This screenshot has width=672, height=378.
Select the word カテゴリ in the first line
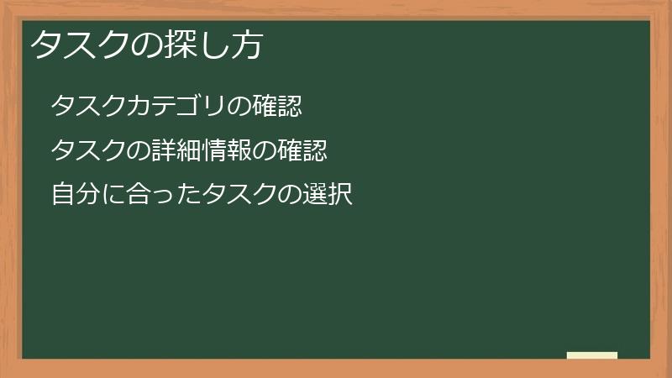[x=178, y=107]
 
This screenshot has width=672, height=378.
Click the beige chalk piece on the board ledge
[x=592, y=355]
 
